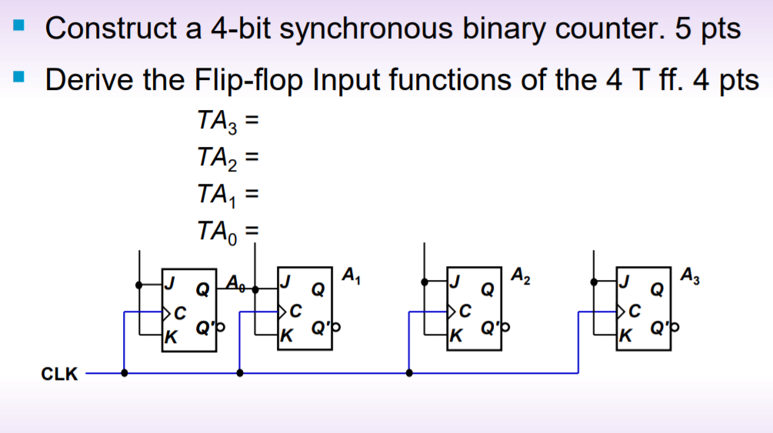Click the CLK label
pos(59,375)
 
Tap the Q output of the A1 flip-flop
pos(316,291)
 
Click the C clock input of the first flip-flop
pos(178,312)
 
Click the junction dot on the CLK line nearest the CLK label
pos(125,373)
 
